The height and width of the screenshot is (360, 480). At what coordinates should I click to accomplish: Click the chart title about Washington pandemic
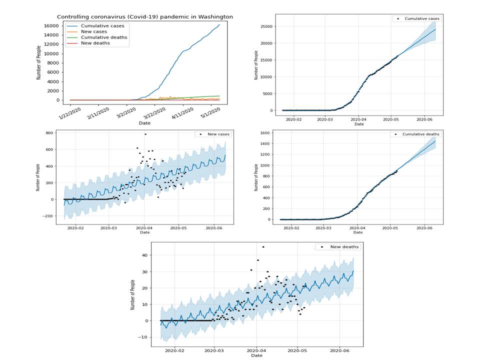(144, 16)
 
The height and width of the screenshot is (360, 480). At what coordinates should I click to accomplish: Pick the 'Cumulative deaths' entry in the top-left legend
(104, 37)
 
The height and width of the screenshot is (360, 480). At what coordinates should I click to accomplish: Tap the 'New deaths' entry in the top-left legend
(95, 43)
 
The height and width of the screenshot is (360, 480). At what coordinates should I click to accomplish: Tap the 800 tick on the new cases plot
(48, 133)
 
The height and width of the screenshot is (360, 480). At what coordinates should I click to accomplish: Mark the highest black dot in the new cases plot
(145, 134)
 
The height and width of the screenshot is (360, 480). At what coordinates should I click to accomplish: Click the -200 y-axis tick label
(46, 216)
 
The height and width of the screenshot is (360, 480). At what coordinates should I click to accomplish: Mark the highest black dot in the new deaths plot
(263, 247)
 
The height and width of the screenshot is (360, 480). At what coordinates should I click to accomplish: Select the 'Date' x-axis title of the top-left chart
(144, 122)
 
